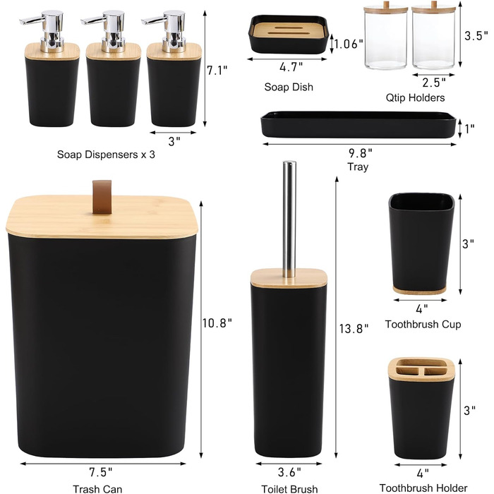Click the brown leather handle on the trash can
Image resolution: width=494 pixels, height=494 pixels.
pyautogui.click(x=102, y=197)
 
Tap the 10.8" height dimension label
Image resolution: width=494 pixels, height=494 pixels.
pyautogui.click(x=217, y=323)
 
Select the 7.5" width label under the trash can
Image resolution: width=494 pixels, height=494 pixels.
pyautogui.click(x=101, y=472)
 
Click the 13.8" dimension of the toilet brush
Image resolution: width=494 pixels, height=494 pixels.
pyautogui.click(x=354, y=329)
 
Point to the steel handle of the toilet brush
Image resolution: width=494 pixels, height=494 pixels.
pyautogui.click(x=289, y=219)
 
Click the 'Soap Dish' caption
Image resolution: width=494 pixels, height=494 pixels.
pyautogui.click(x=289, y=87)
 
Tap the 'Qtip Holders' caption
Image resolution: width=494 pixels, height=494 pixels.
pyautogui.click(x=415, y=97)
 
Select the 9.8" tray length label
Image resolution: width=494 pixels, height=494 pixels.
pyautogui.click(x=361, y=153)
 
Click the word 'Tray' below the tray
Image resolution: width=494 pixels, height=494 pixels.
pyautogui.click(x=358, y=167)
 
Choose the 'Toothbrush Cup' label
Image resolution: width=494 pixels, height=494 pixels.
pyautogui.click(x=423, y=324)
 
